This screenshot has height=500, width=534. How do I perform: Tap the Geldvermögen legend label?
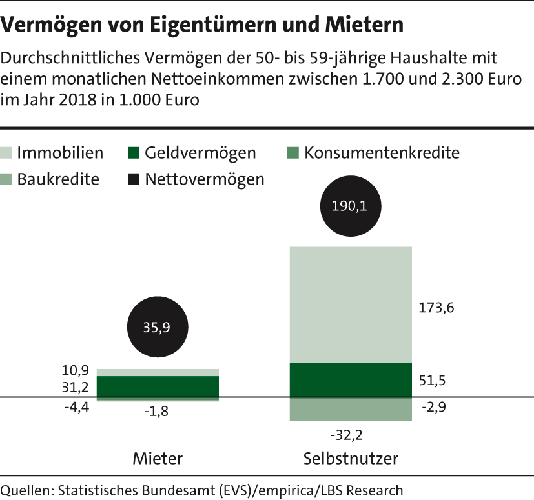(x=200, y=154)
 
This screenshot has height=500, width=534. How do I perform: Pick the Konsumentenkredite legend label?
(x=382, y=154)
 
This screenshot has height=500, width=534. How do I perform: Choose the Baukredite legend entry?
(x=58, y=179)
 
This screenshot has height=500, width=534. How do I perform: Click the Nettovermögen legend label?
(x=205, y=179)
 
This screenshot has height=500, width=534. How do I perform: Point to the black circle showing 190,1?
(x=351, y=207)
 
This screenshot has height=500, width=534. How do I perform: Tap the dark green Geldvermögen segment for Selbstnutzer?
(x=351, y=379)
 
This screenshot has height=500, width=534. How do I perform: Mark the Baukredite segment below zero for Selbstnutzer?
(x=351, y=410)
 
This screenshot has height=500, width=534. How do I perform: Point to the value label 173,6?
(x=437, y=308)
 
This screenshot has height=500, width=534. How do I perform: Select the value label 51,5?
(x=433, y=381)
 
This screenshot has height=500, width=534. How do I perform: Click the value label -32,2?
(x=347, y=436)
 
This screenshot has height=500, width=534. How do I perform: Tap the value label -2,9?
(x=433, y=406)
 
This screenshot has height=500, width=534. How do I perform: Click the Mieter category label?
(x=158, y=459)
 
